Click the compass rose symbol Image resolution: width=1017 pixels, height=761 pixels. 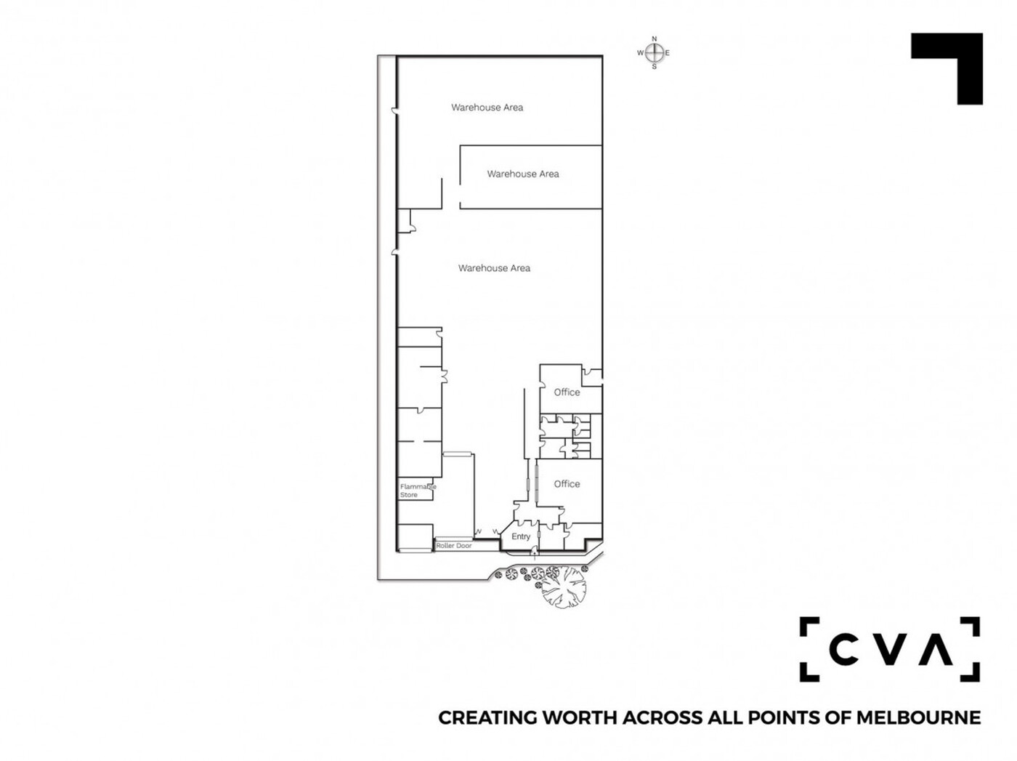click(649, 53)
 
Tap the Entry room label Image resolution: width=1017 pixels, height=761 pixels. click(516, 533)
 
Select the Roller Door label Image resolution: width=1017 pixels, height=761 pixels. click(450, 541)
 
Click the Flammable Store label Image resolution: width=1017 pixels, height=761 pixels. click(415, 487)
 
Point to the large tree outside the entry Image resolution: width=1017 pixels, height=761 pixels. click(559, 584)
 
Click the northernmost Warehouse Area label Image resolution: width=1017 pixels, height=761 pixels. click(484, 107)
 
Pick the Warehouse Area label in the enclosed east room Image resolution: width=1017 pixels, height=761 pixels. click(519, 173)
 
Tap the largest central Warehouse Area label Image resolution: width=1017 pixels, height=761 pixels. click(490, 266)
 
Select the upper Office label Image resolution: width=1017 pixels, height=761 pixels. click(562, 390)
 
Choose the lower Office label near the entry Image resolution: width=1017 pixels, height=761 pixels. click(562, 480)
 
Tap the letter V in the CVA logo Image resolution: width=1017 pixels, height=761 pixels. click(884, 644)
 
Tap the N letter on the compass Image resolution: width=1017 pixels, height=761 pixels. click(649, 39)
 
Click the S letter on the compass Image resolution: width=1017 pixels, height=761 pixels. click(649, 66)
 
